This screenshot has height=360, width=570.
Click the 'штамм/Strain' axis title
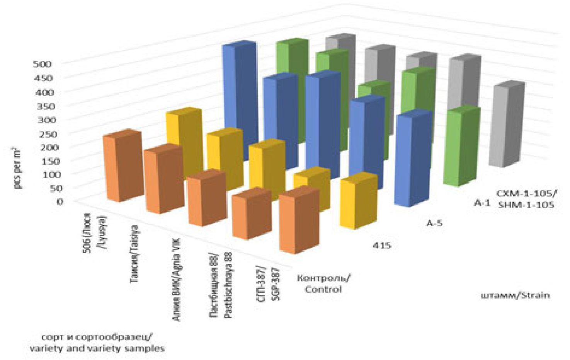tap(514, 295)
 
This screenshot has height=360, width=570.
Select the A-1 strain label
tap(482, 203)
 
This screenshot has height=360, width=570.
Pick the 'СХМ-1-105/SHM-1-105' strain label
tap(526, 198)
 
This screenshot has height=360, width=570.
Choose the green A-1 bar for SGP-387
tap(462, 147)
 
